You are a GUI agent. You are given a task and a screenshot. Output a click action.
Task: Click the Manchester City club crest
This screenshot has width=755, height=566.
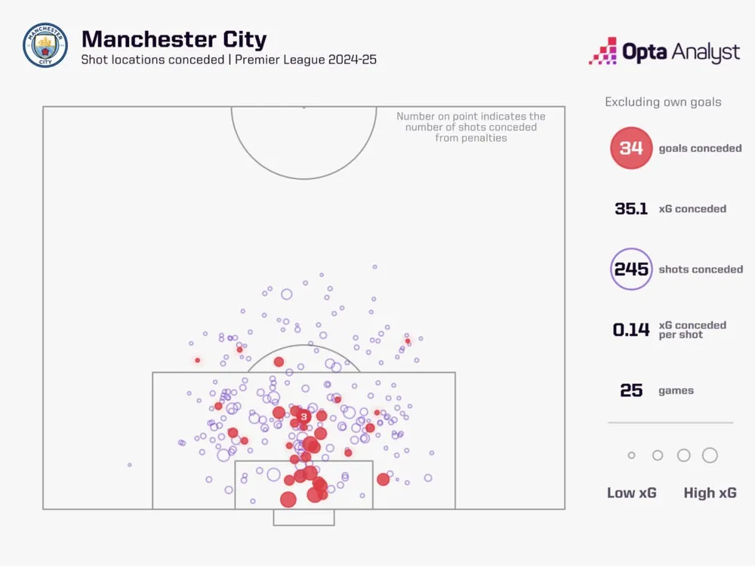[45, 45]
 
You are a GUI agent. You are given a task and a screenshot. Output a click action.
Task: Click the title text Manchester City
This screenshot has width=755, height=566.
[174, 39]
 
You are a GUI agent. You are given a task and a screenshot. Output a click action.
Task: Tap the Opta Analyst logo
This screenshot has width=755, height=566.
[664, 51]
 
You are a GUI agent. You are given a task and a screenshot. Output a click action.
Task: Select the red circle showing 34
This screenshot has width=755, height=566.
[631, 148]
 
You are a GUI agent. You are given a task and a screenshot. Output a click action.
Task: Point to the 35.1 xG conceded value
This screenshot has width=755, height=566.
[631, 209]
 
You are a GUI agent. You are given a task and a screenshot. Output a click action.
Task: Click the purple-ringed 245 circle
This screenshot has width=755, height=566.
[631, 269]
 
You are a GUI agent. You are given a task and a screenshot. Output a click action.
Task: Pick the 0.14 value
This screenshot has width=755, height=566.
[631, 330]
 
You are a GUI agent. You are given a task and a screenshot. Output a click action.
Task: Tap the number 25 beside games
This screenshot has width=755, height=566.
[631, 391]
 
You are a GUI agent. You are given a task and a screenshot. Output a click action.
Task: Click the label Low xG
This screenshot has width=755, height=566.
[632, 493]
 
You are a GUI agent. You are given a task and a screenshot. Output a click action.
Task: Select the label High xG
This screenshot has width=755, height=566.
[710, 493]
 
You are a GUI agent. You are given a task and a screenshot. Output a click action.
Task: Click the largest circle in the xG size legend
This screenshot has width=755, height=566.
[710, 455]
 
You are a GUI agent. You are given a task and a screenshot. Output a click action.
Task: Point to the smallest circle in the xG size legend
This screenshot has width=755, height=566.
[632, 455]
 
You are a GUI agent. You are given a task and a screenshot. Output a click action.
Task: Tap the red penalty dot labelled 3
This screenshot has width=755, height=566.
[304, 417]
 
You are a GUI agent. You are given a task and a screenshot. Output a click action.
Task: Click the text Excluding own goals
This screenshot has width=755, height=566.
[663, 102]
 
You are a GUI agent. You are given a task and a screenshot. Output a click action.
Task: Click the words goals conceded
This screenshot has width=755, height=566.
[700, 149]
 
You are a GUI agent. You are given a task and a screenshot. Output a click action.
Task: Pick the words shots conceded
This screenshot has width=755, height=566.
[701, 269]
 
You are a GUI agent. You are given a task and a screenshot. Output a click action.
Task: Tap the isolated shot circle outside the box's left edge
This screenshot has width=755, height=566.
[130, 465]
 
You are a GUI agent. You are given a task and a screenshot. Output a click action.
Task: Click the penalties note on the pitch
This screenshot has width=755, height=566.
[471, 128]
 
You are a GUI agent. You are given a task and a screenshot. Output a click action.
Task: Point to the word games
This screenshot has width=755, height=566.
[676, 391]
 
